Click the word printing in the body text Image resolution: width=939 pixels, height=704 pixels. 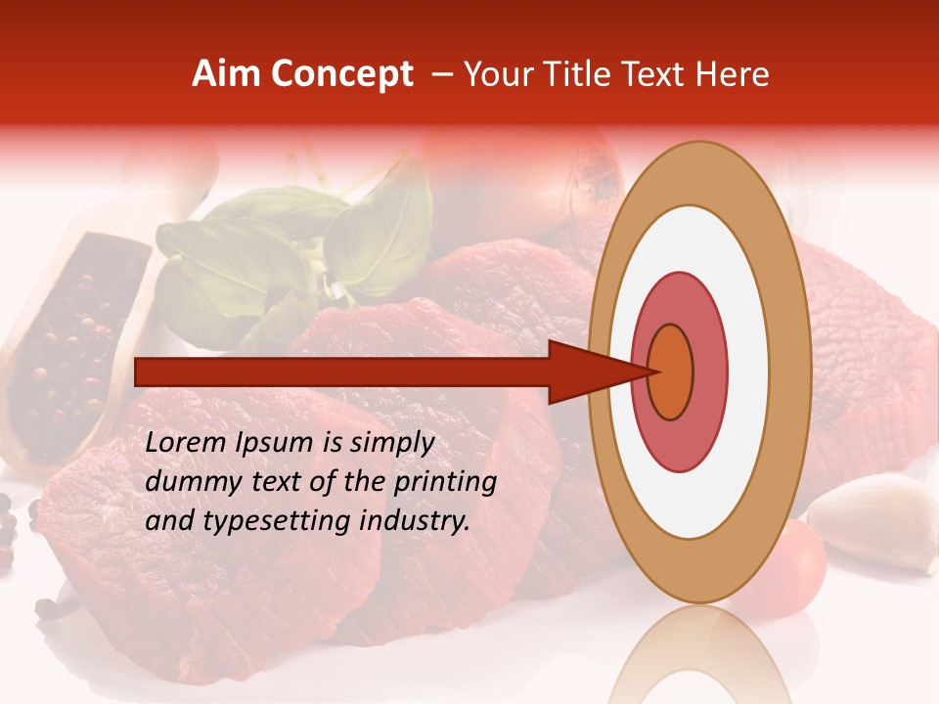445,483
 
